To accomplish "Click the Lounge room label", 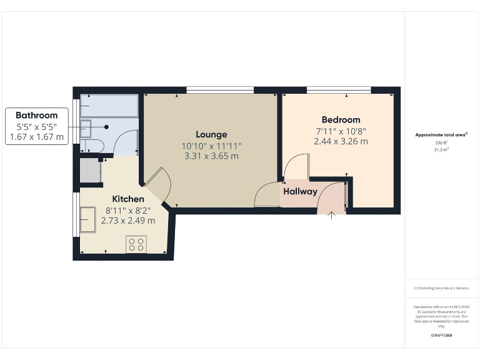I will (x=211, y=134).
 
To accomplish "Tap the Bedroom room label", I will (x=341, y=120).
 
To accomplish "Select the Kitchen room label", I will (x=128, y=199).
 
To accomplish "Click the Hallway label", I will (x=300, y=192).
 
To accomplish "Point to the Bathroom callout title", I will (x=37, y=115).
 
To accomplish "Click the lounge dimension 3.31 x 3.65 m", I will (x=211, y=156).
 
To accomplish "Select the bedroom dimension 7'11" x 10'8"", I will (x=341, y=131).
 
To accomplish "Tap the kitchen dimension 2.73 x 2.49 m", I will (x=128, y=220).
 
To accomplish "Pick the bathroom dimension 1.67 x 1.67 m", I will (x=37, y=137).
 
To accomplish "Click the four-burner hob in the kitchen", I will (x=136, y=244).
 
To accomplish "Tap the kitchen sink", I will (x=88, y=219).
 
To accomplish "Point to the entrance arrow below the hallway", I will (x=332, y=215).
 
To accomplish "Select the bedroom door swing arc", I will (x=295, y=165).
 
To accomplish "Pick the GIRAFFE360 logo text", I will (x=441, y=336).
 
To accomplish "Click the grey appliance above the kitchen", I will (x=90, y=171).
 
